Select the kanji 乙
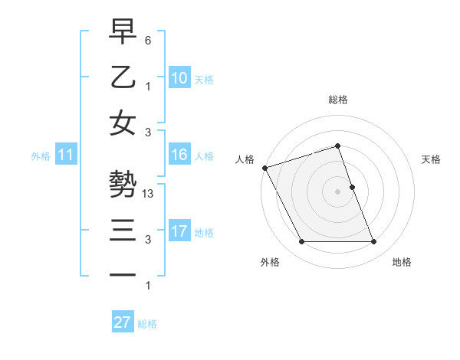(123, 78)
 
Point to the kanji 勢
(123, 184)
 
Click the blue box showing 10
(179, 77)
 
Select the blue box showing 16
(179, 155)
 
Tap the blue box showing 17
(179, 231)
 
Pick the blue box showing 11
(66, 155)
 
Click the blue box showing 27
(123, 322)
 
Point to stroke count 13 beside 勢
(149, 194)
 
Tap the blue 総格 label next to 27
(147, 324)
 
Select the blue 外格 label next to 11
(41, 156)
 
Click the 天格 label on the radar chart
(432, 159)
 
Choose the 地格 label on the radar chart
(402, 262)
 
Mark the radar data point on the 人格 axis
(264, 167)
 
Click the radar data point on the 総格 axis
(337, 146)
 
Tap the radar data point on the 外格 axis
(301, 242)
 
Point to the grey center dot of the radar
(337, 191)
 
